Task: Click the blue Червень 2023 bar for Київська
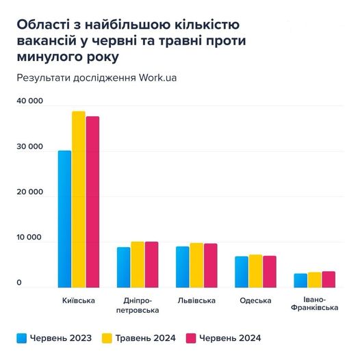64,219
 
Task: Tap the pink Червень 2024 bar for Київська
92,203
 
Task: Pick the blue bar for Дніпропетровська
123,268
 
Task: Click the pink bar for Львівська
211,266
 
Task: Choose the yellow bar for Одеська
256,271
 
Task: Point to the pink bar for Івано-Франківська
329,280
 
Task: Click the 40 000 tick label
29,101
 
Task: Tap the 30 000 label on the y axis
29,147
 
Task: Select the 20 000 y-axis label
29,192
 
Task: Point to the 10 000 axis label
29,238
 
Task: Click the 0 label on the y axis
19,283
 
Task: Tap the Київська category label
79,300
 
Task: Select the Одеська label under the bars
255,300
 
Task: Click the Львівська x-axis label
197,300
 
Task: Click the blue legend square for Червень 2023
21,337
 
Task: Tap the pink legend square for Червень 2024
192,337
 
